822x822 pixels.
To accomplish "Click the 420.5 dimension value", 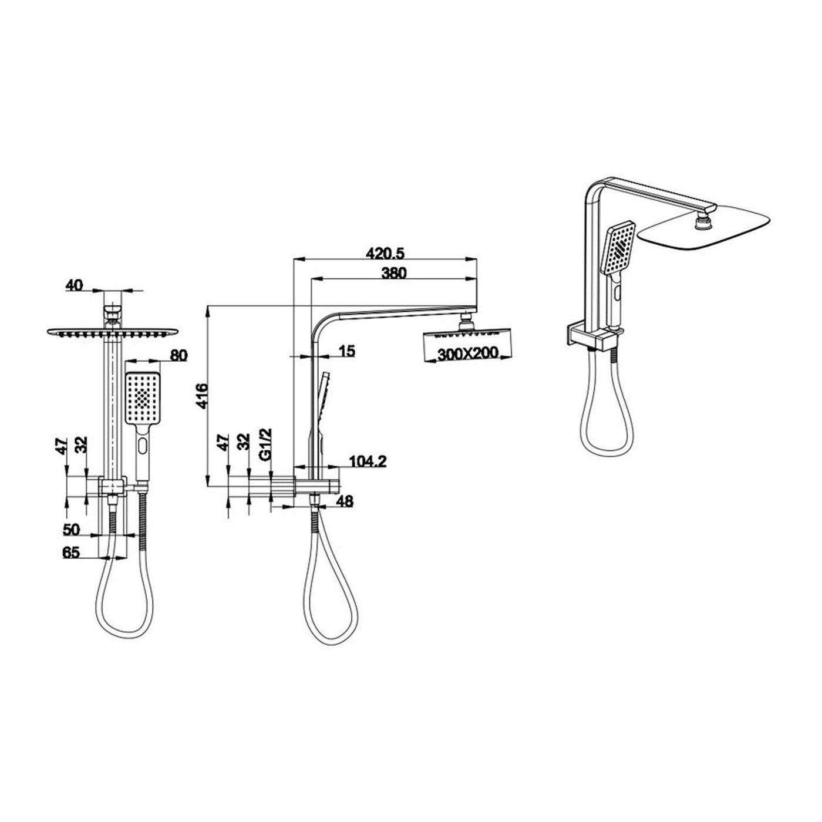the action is (385, 254).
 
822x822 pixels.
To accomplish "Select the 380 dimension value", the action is (394, 274).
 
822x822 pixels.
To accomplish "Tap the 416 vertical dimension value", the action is (201, 396).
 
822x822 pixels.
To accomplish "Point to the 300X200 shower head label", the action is (468, 353).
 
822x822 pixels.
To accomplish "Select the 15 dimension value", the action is (347, 351).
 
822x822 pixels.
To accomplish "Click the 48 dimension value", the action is (345, 501).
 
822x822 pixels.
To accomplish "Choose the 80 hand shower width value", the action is (178, 355).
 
